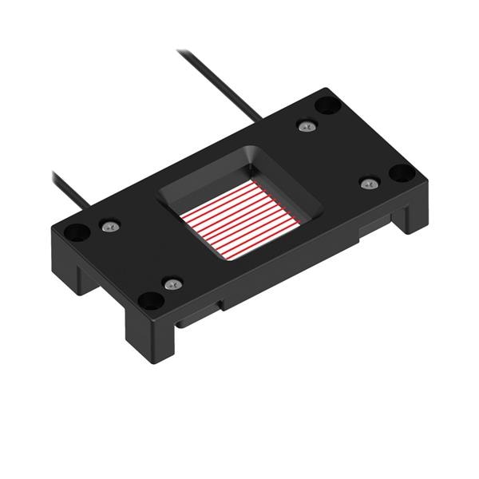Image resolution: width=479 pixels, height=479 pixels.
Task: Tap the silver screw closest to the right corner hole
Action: (x=368, y=184)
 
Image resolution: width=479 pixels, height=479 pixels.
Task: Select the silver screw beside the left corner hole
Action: (x=110, y=227)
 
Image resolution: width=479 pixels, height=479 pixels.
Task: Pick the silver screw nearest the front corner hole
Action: (x=172, y=283)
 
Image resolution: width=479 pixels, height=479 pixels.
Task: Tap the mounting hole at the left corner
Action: (x=77, y=232)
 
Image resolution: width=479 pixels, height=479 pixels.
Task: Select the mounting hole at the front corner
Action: (x=150, y=300)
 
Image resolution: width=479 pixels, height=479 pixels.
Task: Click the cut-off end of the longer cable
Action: (x=180, y=52)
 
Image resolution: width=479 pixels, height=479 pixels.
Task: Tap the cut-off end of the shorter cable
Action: (x=53, y=172)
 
